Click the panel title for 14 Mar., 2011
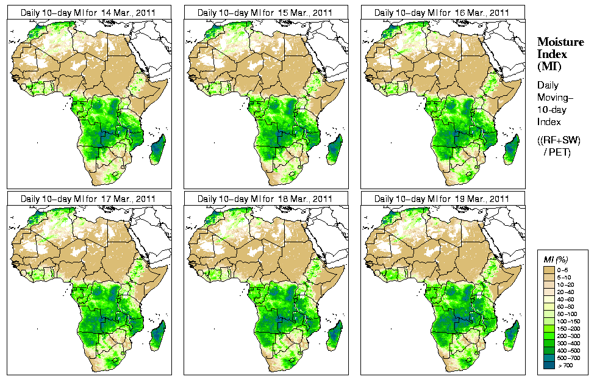click(x=88, y=12)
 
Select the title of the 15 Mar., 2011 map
click(x=265, y=12)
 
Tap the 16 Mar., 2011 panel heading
click(x=442, y=12)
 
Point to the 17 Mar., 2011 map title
click(x=88, y=199)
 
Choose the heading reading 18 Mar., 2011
click(x=265, y=199)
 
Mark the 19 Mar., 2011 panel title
click(x=442, y=199)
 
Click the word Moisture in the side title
click(x=560, y=41)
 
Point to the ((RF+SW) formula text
click(x=559, y=140)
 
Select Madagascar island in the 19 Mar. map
click(x=512, y=335)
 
